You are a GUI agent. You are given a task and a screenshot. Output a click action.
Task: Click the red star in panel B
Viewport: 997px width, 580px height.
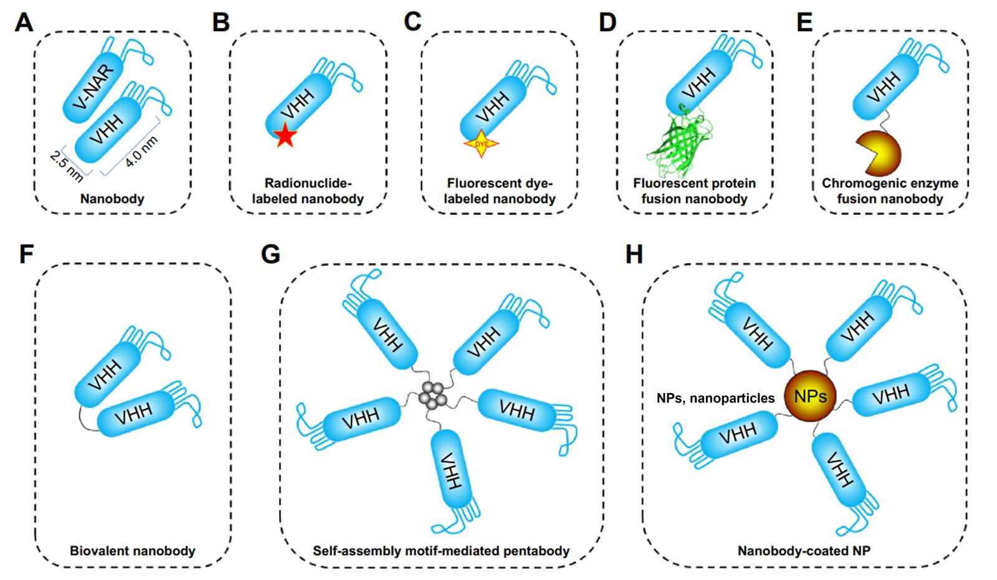285,135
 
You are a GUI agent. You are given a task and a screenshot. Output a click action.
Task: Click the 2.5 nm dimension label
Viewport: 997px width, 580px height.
66,166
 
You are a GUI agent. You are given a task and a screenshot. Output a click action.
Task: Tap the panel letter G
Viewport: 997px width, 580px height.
270,255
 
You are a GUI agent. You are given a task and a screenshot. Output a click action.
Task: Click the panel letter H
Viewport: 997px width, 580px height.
634,255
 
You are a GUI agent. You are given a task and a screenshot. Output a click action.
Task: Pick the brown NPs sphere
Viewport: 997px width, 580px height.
809,396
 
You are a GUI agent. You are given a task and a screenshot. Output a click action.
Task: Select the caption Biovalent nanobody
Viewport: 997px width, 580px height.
133,551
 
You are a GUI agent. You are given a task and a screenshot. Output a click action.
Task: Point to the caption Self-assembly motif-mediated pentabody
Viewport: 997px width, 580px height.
441,551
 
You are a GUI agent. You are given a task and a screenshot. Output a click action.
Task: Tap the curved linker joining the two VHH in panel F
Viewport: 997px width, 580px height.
85,419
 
